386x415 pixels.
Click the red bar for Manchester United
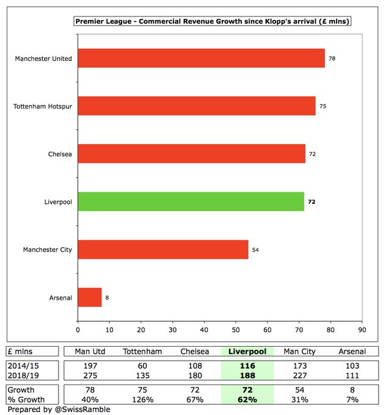[201, 59]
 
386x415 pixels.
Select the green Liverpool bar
[191, 201]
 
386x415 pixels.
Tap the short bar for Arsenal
[89, 298]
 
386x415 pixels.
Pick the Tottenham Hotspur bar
[196, 106]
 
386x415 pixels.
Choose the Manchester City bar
[162, 250]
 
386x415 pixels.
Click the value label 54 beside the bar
[256, 250]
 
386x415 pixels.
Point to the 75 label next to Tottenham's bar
[322, 106]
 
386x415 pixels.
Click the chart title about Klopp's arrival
[216, 21]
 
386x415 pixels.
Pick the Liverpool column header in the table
[247, 352]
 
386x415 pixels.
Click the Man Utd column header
[90, 352]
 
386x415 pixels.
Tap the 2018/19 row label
[22, 375]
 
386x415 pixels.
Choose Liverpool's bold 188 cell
[247, 375]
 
